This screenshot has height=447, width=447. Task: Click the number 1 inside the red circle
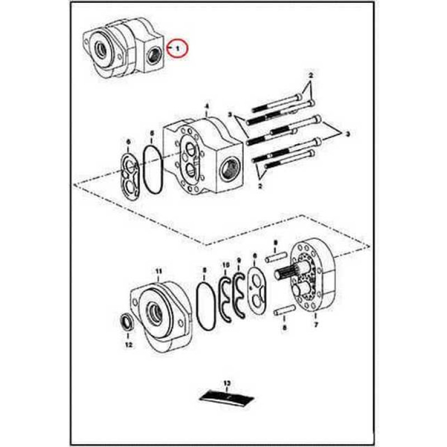coord(178,49)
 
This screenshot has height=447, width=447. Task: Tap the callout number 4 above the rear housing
coord(207,106)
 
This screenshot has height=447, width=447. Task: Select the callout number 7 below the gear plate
coord(316,325)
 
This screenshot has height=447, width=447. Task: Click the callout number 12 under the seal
coord(129,345)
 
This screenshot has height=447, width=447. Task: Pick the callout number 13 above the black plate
coord(227,383)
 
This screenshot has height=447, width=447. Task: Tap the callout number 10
coord(226,265)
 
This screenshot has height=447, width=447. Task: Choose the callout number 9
coord(239,260)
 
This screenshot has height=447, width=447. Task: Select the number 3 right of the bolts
coord(347,135)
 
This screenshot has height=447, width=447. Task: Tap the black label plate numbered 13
coord(227,397)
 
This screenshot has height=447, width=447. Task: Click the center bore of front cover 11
coord(155,313)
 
